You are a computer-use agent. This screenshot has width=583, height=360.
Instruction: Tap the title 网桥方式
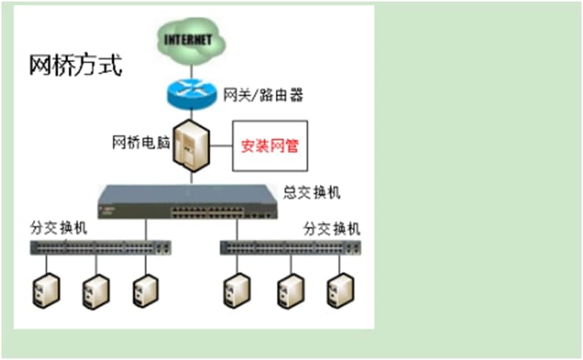point(75,64)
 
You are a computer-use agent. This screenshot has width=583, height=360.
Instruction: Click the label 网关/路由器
point(263,96)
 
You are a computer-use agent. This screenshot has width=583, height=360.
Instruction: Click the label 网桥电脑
point(140,143)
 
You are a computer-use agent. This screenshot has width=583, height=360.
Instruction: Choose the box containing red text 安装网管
point(269,146)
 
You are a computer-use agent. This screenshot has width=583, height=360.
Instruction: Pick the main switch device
point(188,202)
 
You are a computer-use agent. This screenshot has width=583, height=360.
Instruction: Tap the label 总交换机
point(312,192)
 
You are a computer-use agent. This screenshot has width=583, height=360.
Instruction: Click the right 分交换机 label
point(332,229)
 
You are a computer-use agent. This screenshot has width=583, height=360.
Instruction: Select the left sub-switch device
point(101,247)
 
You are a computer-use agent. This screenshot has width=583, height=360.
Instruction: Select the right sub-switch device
point(290,247)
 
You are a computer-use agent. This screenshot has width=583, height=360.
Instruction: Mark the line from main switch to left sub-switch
point(146,230)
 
